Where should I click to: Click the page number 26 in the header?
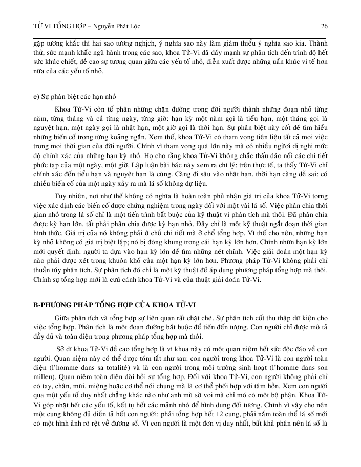click(x=324, y=26)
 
